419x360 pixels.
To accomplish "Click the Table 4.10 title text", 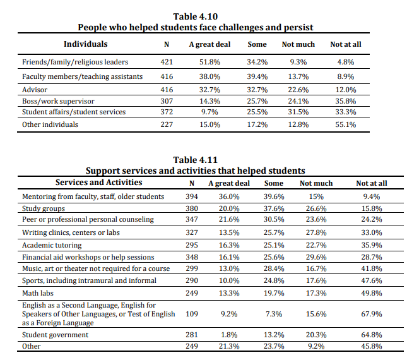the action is pyautogui.click(x=196, y=16).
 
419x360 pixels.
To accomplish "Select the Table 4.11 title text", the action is pyautogui.click(x=196, y=160).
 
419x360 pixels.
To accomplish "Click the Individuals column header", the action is pyautogui.click(x=86, y=44).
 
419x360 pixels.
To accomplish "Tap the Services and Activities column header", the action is pyautogui.click(x=98, y=183).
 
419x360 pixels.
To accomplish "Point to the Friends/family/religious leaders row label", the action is pyautogui.click(x=75, y=62).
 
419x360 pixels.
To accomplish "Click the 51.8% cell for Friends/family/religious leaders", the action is pyautogui.click(x=209, y=62).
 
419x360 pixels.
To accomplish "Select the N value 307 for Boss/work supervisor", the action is pyautogui.click(x=167, y=101).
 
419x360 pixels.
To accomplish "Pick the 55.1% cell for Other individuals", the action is pyautogui.click(x=346, y=124).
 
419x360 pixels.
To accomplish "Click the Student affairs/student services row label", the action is pyautogui.click(x=74, y=112).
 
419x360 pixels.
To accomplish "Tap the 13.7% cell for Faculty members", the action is pyautogui.click(x=298, y=77).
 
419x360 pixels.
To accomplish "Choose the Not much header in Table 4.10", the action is pyautogui.click(x=298, y=44).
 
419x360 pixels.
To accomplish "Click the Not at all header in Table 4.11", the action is pyautogui.click(x=372, y=183).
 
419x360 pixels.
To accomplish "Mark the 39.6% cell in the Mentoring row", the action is pyautogui.click(x=274, y=196).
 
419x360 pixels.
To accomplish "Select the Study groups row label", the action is pyautogui.click(x=44, y=208).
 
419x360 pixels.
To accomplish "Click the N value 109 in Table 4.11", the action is pyautogui.click(x=192, y=314).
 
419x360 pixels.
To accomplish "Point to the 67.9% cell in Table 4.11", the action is pyautogui.click(x=372, y=314).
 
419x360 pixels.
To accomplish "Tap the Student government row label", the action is pyautogui.click(x=55, y=335).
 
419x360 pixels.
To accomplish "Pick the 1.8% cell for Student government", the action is pyautogui.click(x=229, y=335).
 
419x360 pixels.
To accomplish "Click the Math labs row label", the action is pyautogui.click(x=38, y=293).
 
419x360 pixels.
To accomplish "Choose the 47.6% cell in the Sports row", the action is pyautogui.click(x=372, y=280).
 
